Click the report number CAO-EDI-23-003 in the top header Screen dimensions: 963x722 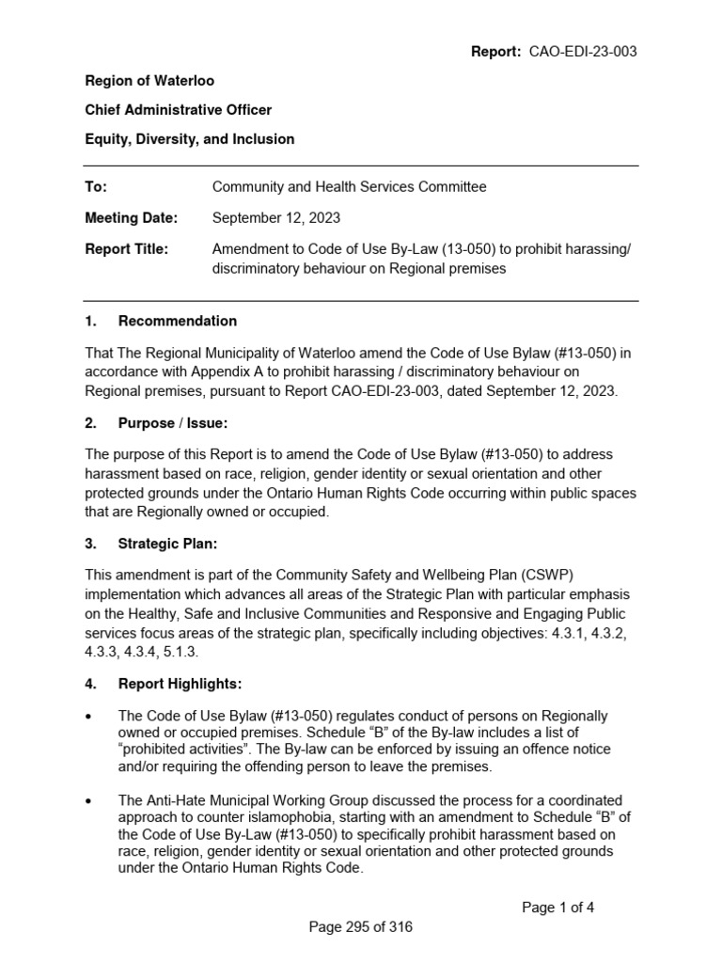point(581,52)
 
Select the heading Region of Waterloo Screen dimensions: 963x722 point(149,81)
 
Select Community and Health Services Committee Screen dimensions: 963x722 point(349,187)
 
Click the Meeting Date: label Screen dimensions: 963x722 point(131,218)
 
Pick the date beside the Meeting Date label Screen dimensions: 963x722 point(276,218)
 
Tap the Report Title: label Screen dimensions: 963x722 point(127,249)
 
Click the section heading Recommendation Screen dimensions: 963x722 point(178,321)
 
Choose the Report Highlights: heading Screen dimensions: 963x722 point(180,684)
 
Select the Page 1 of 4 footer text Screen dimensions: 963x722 point(558,908)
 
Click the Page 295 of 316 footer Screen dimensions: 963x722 point(361,927)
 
